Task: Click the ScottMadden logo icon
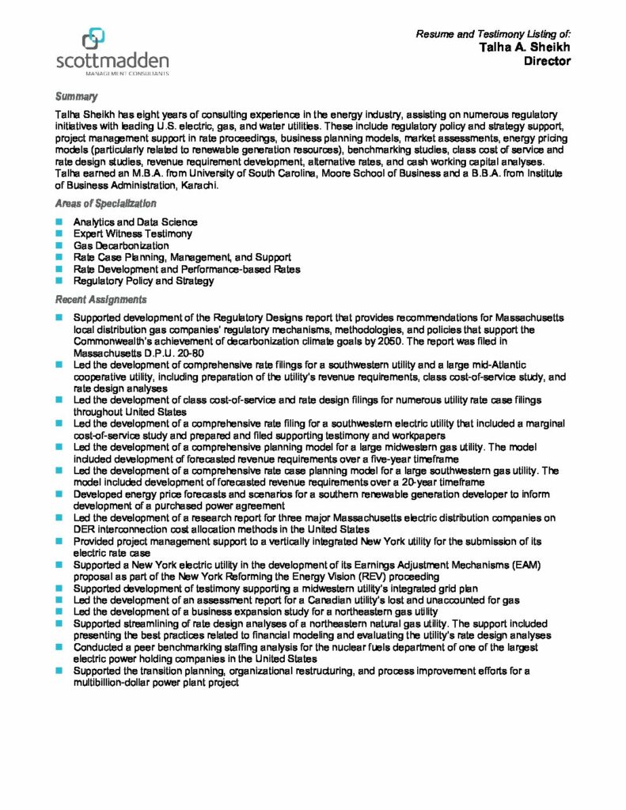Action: click(94, 36)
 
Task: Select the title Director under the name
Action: click(548, 61)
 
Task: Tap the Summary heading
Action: click(77, 97)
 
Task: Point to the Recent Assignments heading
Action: click(101, 300)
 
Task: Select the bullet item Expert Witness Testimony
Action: click(132, 234)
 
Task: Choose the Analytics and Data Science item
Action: click(135, 223)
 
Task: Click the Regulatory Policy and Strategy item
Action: click(143, 281)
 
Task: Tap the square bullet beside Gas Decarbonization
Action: click(59, 246)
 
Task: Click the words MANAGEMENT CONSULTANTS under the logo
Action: click(113, 73)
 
